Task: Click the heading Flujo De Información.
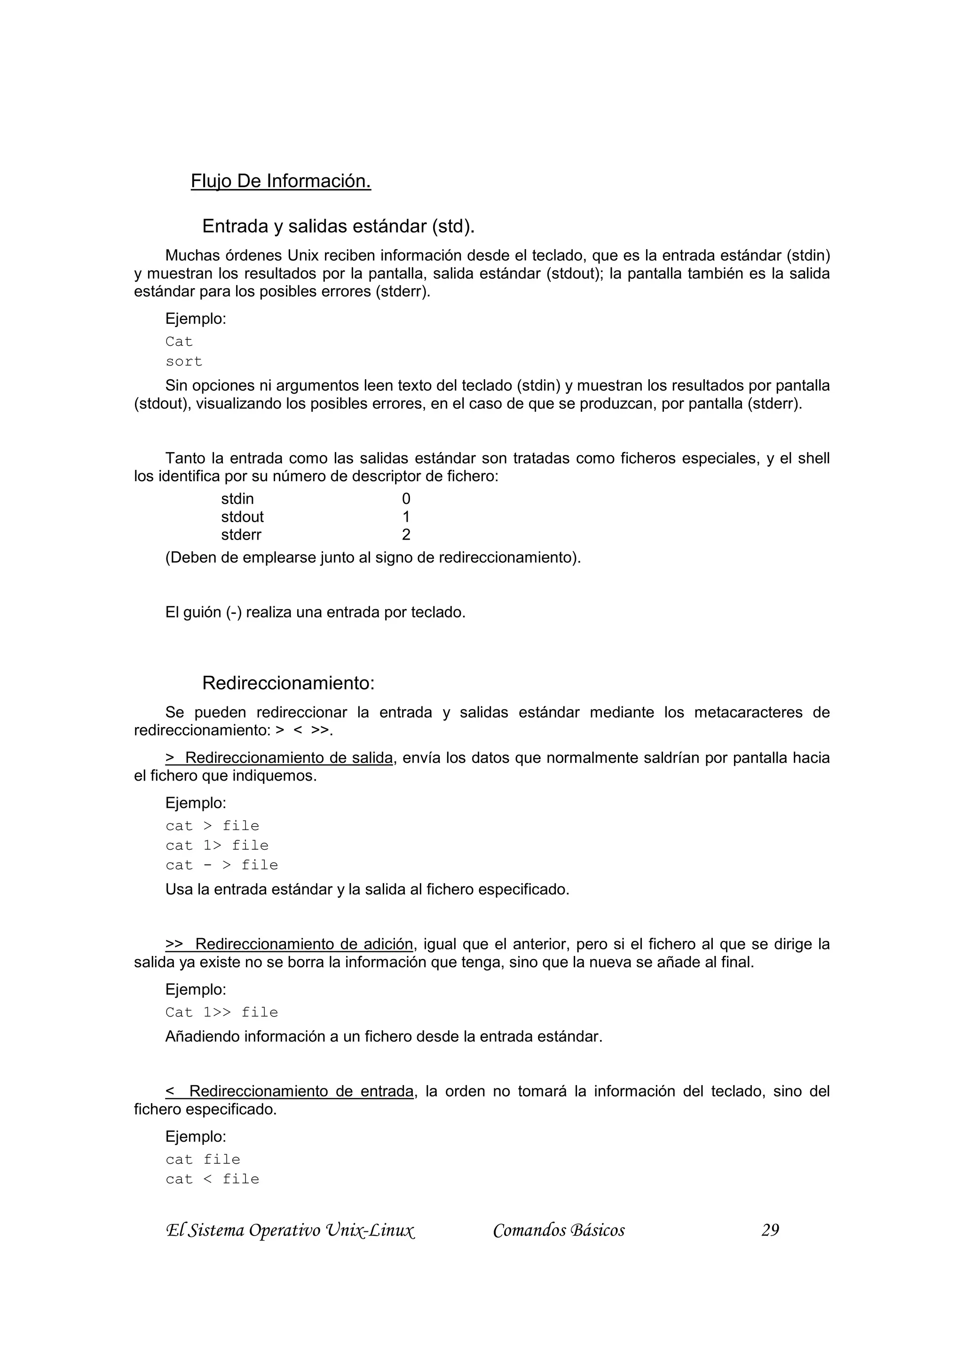point(281,181)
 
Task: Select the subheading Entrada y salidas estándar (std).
point(338,226)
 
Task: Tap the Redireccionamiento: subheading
point(288,683)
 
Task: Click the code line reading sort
point(184,361)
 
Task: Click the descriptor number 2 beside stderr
point(406,534)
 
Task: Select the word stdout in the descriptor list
point(242,517)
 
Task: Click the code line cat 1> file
point(217,845)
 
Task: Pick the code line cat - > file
point(222,865)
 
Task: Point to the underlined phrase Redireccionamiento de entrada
point(301,1091)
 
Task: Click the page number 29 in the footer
point(770,1230)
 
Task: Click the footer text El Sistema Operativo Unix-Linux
point(290,1230)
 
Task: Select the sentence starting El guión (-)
point(315,612)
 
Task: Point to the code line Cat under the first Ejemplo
point(179,342)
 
